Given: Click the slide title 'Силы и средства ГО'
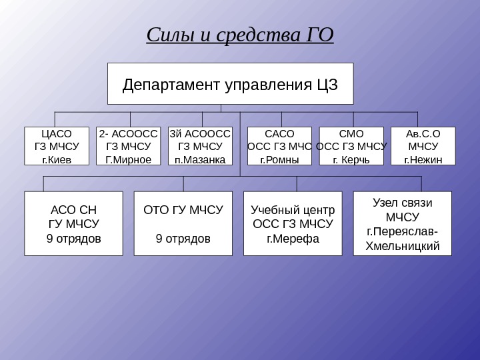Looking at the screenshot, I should [x=239, y=35].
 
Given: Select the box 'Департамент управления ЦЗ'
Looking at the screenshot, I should [x=231, y=84].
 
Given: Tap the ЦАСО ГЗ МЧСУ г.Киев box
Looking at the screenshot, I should [x=56, y=145].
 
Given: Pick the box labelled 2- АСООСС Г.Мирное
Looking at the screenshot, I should [x=129, y=145].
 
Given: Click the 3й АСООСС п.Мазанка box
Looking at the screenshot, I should [x=200, y=145].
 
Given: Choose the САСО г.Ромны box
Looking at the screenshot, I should [x=279, y=145].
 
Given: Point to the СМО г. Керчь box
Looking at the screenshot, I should [x=351, y=145].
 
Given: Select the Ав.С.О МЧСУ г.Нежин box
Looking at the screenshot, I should [x=423, y=145].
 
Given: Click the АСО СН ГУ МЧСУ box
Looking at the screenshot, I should [x=74, y=223].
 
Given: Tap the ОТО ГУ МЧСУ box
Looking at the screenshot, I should [x=183, y=223].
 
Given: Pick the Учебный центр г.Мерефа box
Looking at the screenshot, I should [x=293, y=223].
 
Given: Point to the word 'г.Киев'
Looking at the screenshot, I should [x=56, y=160].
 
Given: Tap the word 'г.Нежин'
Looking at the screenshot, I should [x=423, y=160].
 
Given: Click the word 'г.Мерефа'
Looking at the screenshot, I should [x=293, y=238].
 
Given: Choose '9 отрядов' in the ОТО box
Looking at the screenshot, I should [x=183, y=238].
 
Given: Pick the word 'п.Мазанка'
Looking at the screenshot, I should [x=200, y=160].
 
